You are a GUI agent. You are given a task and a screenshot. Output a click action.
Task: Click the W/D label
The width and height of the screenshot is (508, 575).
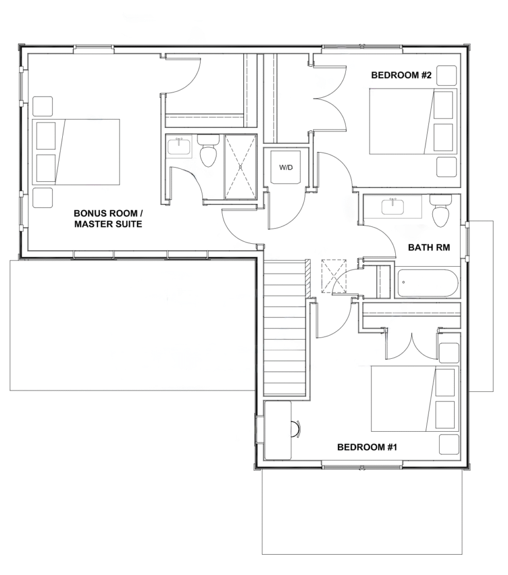coord(286,167)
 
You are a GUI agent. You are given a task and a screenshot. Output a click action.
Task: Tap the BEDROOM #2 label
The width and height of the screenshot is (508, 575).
coord(401,75)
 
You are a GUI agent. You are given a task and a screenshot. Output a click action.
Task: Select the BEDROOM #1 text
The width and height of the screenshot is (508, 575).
coord(367,447)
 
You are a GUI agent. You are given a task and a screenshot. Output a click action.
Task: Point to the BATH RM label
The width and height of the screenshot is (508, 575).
coord(429,248)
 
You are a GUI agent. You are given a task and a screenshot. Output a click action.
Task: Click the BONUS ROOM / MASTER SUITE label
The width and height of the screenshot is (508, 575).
coord(108,218)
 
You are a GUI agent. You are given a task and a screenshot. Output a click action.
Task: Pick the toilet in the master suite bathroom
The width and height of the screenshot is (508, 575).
coord(209,150)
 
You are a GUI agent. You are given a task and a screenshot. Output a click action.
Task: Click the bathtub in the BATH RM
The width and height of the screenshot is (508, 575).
coord(427,283)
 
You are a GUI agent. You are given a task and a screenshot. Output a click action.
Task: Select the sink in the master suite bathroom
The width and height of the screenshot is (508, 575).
coord(179,146)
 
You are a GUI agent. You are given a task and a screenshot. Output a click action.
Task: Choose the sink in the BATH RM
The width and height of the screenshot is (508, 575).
coord(392,207)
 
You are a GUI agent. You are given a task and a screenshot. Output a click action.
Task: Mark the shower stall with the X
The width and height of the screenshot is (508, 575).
coord(241,167)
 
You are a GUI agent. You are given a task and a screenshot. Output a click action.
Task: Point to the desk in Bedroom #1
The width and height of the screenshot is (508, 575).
coord(277,430)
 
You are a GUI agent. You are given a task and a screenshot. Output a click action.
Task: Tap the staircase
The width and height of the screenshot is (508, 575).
coord(285,327)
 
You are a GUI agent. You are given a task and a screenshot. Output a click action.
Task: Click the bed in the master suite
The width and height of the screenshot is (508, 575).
coord(76,152)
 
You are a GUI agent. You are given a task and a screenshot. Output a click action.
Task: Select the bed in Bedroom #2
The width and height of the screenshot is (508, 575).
coord(413,121)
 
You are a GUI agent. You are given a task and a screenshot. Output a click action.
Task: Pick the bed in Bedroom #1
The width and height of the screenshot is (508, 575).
coord(415,398)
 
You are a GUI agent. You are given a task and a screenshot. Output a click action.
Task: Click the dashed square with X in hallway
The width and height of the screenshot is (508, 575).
coord(334,276)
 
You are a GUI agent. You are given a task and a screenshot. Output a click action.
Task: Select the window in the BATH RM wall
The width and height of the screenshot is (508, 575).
coord(467,241)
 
